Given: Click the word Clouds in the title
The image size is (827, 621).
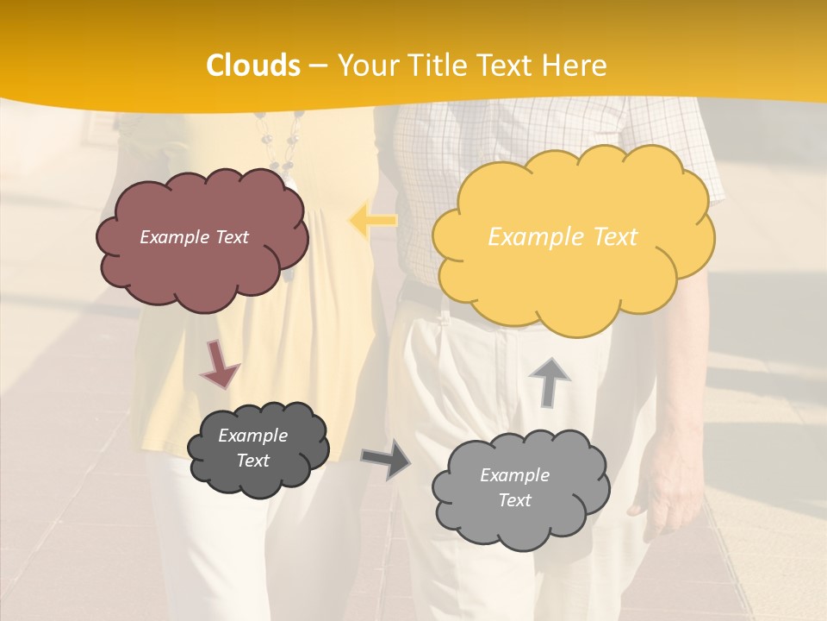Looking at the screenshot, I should click(253, 66).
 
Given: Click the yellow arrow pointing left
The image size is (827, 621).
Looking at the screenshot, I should click(373, 220).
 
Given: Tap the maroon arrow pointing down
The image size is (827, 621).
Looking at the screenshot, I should click(220, 365).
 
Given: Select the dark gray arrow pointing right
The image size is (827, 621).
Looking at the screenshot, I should click(386, 459).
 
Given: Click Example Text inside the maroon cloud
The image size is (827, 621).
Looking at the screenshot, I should click(194, 237).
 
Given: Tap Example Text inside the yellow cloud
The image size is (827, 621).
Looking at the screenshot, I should click(563, 237).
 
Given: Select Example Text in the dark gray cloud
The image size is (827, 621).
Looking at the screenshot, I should click(253, 448).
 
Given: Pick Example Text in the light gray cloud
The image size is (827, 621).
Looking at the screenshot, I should click(514, 487).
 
